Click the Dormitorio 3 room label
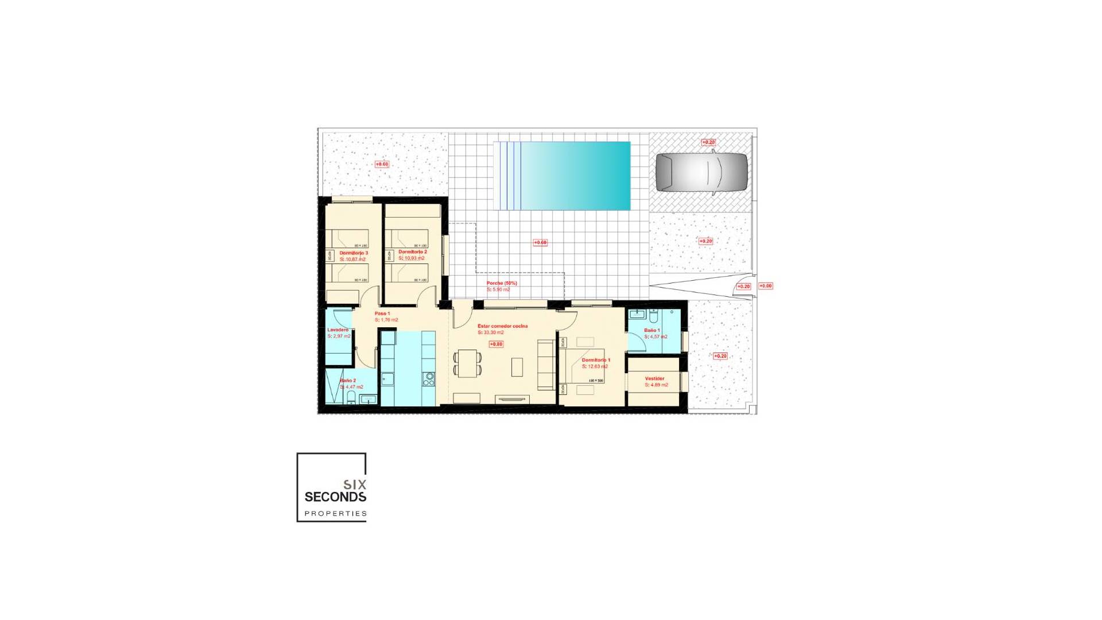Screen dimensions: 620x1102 [x=354, y=253]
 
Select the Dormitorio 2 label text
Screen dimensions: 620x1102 [x=413, y=252]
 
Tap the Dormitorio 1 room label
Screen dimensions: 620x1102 [x=596, y=361]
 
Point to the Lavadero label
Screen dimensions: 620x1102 [x=338, y=330]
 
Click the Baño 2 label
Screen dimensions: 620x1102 [x=348, y=381]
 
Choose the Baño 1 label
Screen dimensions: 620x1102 [x=651, y=331]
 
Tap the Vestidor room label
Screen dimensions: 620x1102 [x=654, y=379]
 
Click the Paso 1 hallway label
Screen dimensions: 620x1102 [x=382, y=313]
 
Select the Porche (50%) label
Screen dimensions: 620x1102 [x=502, y=283]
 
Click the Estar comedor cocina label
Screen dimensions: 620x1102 [x=502, y=326]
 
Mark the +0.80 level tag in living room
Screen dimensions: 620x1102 [x=496, y=344]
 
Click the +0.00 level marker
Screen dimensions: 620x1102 [x=766, y=286]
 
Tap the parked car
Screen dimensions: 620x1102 [x=701, y=172]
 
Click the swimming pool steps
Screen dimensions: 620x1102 [x=510, y=176]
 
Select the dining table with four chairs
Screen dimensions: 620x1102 [x=468, y=363]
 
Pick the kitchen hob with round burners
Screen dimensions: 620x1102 [x=428, y=379]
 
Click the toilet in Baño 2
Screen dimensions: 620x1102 [x=351, y=398]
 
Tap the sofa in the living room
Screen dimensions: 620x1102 [x=545, y=365]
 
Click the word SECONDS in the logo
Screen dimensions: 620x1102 [x=335, y=497]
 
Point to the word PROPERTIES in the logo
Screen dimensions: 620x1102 [x=335, y=514]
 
